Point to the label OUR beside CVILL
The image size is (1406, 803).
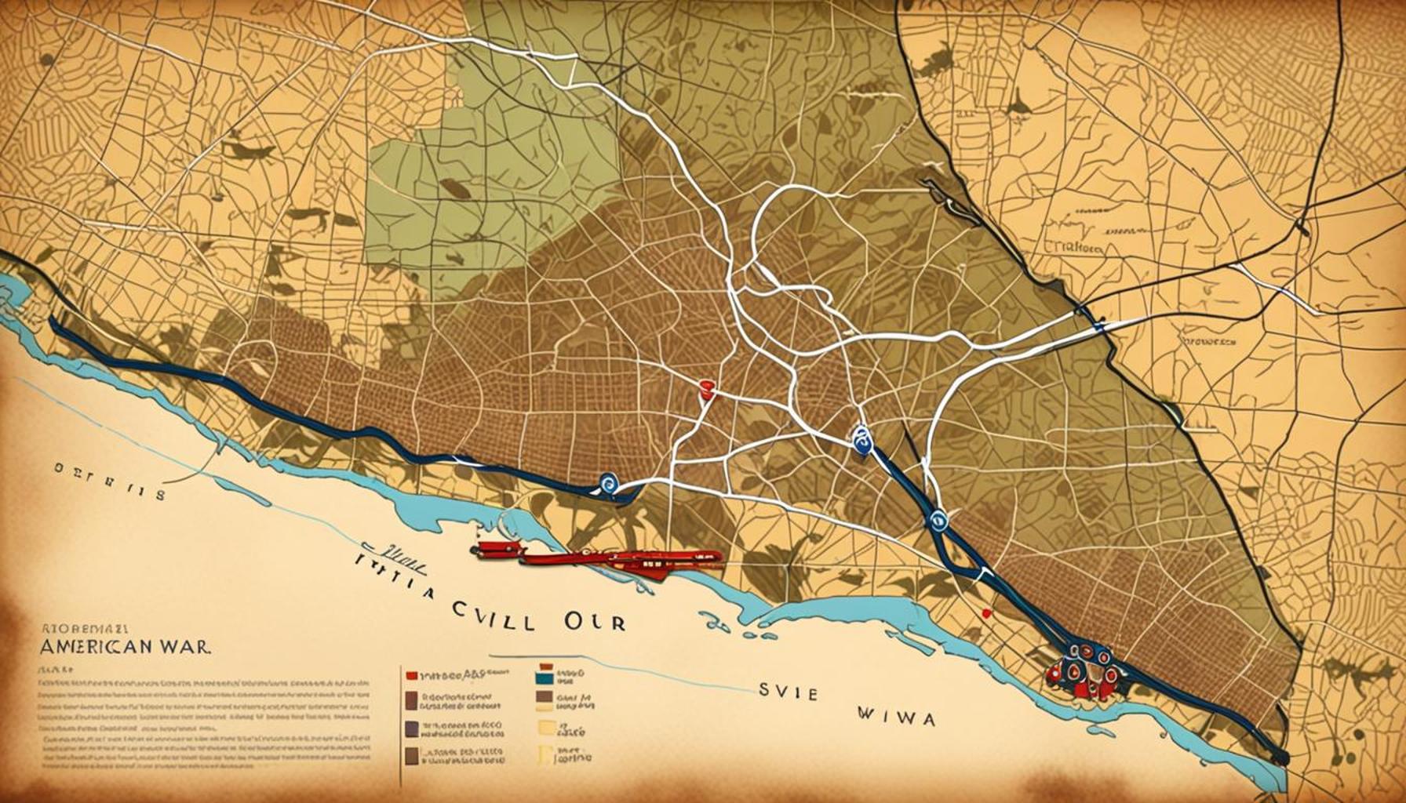coord(594,621)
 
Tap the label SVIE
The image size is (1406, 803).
coord(788,693)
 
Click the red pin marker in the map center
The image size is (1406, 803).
coord(706,387)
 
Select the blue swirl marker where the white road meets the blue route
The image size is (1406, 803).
coord(608,483)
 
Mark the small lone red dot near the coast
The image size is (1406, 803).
coord(986,613)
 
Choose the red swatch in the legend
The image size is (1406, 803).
coord(410,674)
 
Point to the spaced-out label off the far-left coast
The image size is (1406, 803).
coord(109,494)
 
